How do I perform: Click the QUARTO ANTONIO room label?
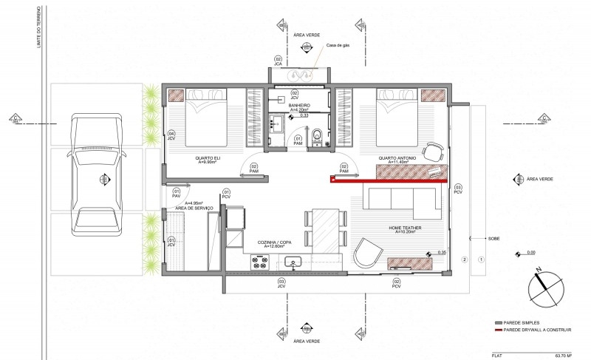[397, 159]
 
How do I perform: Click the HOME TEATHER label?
[406, 228]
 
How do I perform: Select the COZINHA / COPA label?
[274, 243]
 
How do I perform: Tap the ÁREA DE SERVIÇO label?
[194, 208]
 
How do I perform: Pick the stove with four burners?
[259, 260]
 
